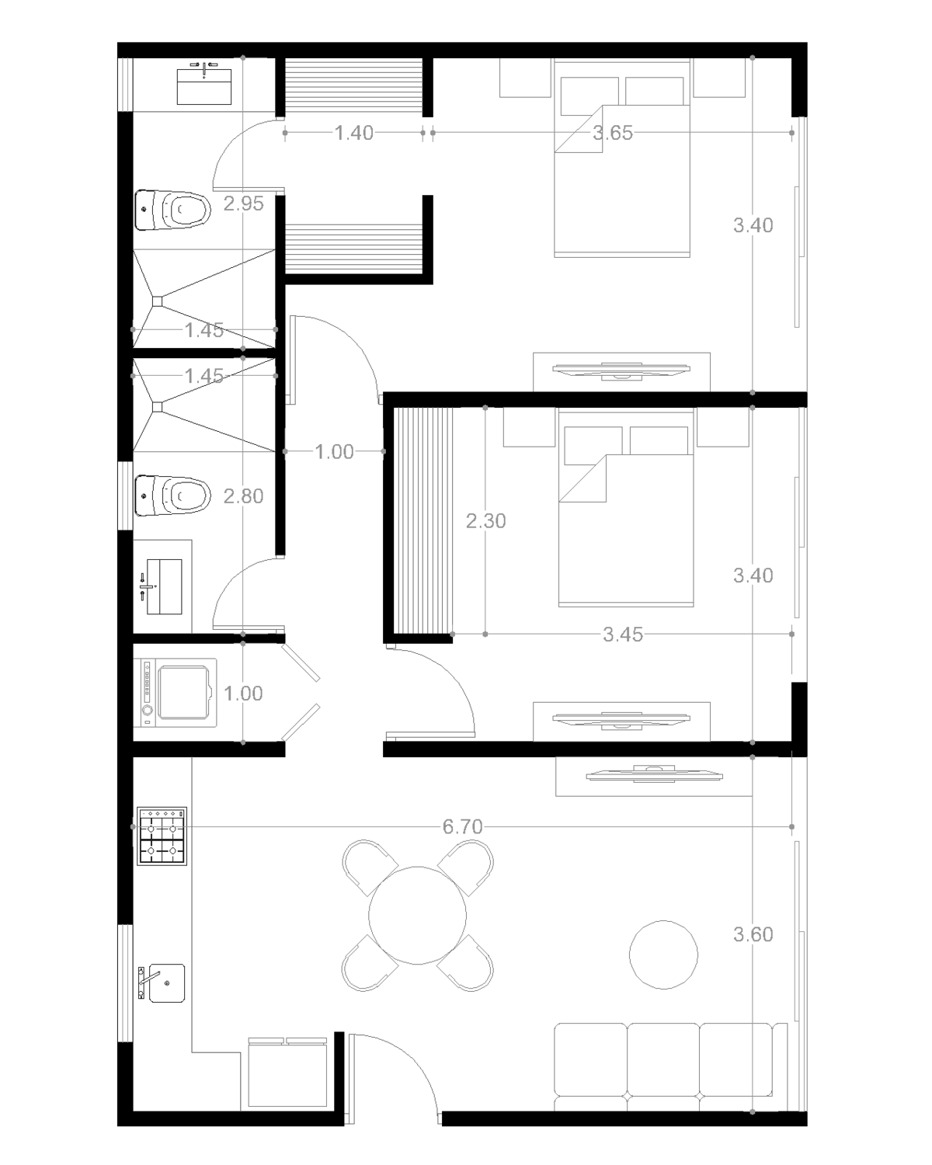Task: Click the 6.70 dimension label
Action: [462, 826]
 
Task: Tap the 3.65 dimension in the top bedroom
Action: [613, 133]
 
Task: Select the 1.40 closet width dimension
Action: [353, 133]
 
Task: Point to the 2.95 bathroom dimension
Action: [243, 203]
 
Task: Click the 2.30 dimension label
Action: [485, 521]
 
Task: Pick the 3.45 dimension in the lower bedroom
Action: [623, 634]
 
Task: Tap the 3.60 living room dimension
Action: [753, 934]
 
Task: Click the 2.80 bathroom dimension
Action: [243, 496]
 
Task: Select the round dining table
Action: [417, 916]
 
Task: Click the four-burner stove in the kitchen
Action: [162, 836]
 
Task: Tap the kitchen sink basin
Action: [167, 982]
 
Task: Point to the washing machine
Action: [179, 693]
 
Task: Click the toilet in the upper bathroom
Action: [172, 210]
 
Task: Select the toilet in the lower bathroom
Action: [172, 496]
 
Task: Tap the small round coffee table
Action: [663, 955]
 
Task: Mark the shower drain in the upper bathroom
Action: [157, 301]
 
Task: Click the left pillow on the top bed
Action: [589, 96]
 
